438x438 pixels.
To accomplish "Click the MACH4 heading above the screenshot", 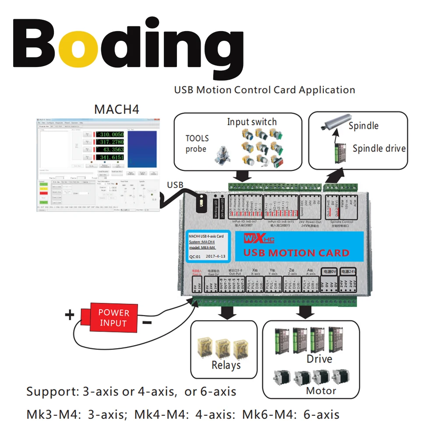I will coord(117,109).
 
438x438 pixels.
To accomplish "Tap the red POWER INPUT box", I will coord(113,318).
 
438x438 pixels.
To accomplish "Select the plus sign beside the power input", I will coord(70,315).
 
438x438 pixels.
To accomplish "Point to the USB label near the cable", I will coord(175,185).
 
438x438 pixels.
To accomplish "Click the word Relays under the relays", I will coord(226,365).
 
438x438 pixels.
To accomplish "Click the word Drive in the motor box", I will coord(319,359).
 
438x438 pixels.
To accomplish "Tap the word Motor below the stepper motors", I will coord(321,390).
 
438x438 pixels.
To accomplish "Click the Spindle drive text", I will coord(379,148).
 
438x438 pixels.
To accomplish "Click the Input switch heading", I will coord(252,122).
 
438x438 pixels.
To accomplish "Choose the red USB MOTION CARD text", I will coord(296,253).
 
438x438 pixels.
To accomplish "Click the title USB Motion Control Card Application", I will coord(265,90).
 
